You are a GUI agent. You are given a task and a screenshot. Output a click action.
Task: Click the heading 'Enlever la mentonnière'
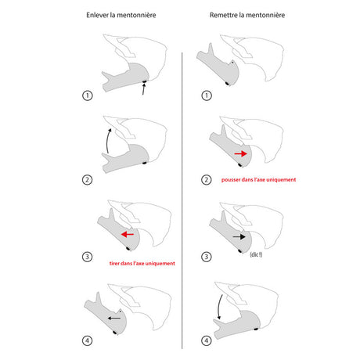[x=121, y=15]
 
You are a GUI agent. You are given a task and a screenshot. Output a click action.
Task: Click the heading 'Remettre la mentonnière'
[x=247, y=15]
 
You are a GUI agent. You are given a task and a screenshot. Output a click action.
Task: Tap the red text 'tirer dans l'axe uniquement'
[x=142, y=263]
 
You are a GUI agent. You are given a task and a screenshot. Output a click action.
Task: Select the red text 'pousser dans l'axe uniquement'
[x=258, y=179]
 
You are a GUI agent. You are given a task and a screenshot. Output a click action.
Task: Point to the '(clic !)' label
[x=256, y=254]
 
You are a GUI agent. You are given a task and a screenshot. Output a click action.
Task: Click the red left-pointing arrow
[x=128, y=234]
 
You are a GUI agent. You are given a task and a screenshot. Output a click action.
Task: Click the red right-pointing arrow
[x=240, y=153]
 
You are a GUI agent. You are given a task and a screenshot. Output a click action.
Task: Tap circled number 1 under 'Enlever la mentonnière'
[x=88, y=95]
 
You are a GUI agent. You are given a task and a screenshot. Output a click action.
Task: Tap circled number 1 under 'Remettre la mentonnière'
[x=207, y=95]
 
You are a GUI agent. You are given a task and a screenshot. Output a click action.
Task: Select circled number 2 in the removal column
[x=88, y=180]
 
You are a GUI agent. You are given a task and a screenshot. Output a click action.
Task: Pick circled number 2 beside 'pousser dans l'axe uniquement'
[x=207, y=180]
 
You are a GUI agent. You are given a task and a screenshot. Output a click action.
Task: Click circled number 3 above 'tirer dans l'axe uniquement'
[x=88, y=257]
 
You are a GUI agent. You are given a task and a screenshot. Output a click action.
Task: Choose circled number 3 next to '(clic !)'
[x=207, y=257]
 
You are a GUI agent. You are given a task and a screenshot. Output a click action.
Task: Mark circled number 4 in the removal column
[x=88, y=340]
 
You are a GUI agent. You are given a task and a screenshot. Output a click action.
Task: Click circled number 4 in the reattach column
[x=207, y=340]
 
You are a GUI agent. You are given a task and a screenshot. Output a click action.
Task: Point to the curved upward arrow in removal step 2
[x=107, y=141]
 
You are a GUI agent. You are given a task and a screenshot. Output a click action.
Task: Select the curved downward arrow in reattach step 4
[x=219, y=308]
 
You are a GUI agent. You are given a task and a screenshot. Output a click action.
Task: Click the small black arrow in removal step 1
[x=143, y=89]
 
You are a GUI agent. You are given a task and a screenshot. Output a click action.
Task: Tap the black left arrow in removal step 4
[x=114, y=319]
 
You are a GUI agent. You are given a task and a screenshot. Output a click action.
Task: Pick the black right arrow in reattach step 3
[x=239, y=237]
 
